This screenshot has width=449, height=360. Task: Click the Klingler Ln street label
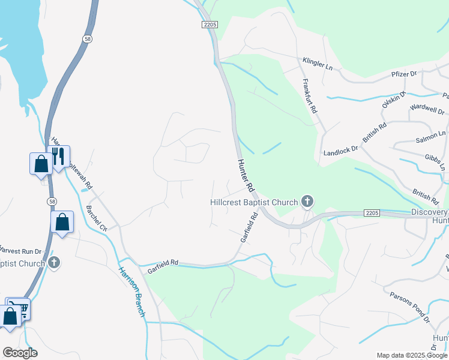pyautogui.click(x=318, y=62)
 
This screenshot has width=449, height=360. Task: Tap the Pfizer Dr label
pyautogui.click(x=405, y=74)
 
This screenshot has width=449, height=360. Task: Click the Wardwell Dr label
pyautogui.click(x=427, y=111)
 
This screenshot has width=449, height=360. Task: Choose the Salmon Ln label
pyautogui.click(x=431, y=137)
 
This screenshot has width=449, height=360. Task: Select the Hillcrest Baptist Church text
pyautogui.click(x=254, y=202)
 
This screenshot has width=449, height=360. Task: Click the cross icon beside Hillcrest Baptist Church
pyautogui.click(x=307, y=202)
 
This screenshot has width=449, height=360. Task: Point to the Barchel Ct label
pyautogui.click(x=96, y=219)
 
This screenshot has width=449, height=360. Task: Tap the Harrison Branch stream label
pyautogui.click(x=131, y=290)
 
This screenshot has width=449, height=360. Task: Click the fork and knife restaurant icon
pyautogui.click(x=59, y=157)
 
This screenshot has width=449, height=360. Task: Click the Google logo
pyautogui.click(x=20, y=353)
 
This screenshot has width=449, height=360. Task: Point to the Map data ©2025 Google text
pyautogui.click(x=412, y=355)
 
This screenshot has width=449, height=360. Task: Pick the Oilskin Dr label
pyautogui.click(x=394, y=101)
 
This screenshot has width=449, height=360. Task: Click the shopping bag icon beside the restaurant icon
pyautogui.click(x=41, y=163)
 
